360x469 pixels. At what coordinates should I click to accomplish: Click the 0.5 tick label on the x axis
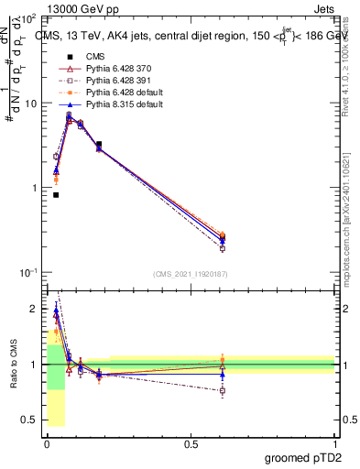[191, 443]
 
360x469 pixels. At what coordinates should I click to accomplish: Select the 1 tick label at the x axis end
[334, 443]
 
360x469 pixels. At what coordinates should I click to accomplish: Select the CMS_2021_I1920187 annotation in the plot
[190, 274]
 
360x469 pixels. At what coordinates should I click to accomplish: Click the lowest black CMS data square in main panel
[56, 194]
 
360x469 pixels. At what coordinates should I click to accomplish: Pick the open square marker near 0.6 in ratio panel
[223, 390]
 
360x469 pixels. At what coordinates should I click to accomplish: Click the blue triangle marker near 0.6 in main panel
[223, 241]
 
